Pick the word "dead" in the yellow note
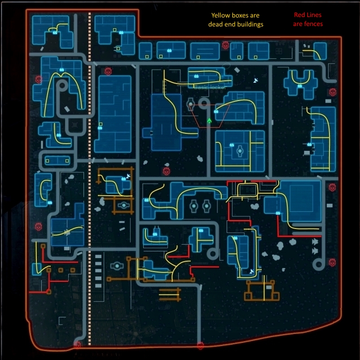click(215, 24)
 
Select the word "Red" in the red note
click(300, 15)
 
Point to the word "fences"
click(314, 24)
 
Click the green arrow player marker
click(209, 120)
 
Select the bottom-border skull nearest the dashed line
click(77, 345)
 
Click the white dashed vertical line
click(90, 180)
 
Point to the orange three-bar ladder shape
click(170, 294)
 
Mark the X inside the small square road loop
click(74, 123)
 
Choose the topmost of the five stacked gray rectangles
click(99, 257)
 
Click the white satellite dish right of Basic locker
click(256, 80)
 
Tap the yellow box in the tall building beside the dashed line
click(101, 124)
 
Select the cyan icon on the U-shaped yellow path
click(300, 86)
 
